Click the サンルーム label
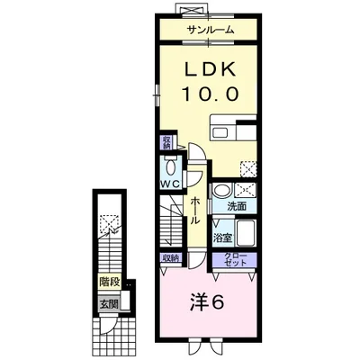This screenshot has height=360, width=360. tap(210, 30)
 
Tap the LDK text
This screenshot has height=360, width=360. tap(210, 69)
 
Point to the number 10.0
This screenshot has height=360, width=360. tap(210, 94)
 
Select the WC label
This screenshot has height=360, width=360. tap(170, 184)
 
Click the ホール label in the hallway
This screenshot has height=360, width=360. tap(195, 211)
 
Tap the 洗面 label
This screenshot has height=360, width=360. tap(237, 206)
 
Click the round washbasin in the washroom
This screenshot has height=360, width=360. tap(222, 191)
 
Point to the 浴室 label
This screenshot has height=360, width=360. tap(222, 238)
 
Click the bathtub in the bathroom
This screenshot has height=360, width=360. tap(245, 233)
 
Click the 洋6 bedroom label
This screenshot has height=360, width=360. tap(207, 304)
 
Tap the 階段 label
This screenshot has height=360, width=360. tap(110, 282)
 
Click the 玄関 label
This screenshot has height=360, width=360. tap(109, 304)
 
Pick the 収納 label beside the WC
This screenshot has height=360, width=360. tap(166, 142)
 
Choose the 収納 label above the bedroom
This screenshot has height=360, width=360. tap(171, 257)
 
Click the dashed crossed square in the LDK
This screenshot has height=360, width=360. tap(248, 169)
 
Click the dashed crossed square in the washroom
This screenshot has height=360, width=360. tap(245, 190)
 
